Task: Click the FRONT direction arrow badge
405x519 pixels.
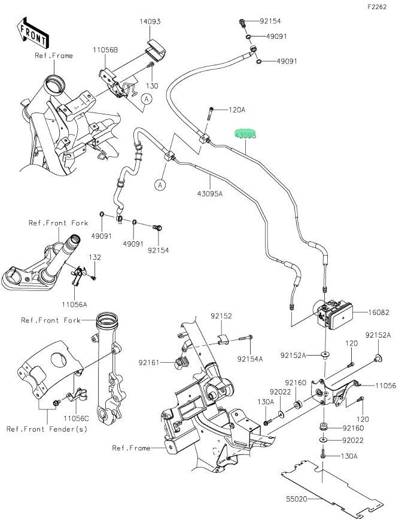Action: tap(34, 33)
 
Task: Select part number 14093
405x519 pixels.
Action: tap(150, 22)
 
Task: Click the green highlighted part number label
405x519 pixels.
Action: tap(245, 136)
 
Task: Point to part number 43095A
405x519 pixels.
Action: tap(209, 193)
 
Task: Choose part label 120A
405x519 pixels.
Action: tap(237, 110)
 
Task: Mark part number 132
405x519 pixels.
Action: tap(95, 257)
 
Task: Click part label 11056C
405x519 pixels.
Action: tap(77, 417)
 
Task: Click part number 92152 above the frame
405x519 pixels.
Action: tap(221, 315)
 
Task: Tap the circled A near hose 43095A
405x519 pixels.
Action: tap(160, 186)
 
